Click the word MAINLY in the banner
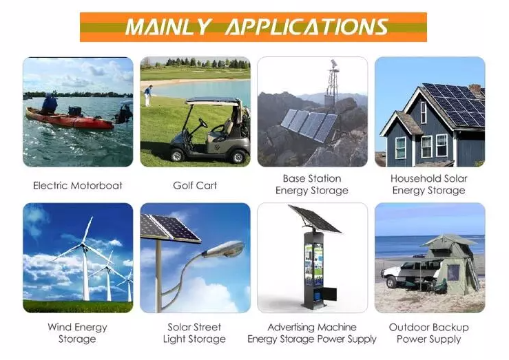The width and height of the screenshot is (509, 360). click(169, 27)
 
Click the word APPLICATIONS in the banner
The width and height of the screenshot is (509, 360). click(307, 27)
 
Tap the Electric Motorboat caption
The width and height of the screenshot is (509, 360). click(78, 186)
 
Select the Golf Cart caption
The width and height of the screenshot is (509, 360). click(195, 186)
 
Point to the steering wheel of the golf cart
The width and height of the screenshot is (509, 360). click(203, 123)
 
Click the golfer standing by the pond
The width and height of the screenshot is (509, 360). click(148, 96)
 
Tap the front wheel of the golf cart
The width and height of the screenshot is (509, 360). click(177, 156)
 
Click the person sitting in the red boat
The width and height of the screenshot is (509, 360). click(50, 104)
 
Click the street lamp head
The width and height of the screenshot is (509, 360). click(224, 249)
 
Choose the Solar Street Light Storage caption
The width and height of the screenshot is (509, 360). click(194, 333)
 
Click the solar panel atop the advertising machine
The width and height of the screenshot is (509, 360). click(315, 219)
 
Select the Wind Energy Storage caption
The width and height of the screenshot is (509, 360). click(77, 333)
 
